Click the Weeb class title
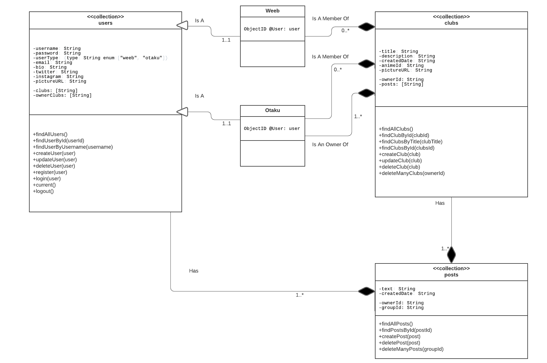(x=272, y=11)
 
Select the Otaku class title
(x=272, y=110)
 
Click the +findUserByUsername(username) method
(x=73, y=147)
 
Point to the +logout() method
(x=43, y=191)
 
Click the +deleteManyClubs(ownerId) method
(x=412, y=173)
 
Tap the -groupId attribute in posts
(x=401, y=308)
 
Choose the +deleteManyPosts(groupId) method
(x=411, y=349)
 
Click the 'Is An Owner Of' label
(x=330, y=144)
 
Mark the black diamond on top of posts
(x=451, y=255)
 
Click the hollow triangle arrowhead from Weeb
(x=182, y=25)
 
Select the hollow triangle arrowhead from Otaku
(x=182, y=112)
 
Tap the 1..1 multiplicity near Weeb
(x=226, y=40)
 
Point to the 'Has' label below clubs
(x=440, y=203)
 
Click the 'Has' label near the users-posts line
(x=193, y=271)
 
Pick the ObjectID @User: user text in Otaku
(x=272, y=129)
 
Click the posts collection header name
(x=451, y=275)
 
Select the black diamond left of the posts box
(x=366, y=291)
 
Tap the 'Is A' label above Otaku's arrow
(x=199, y=96)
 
